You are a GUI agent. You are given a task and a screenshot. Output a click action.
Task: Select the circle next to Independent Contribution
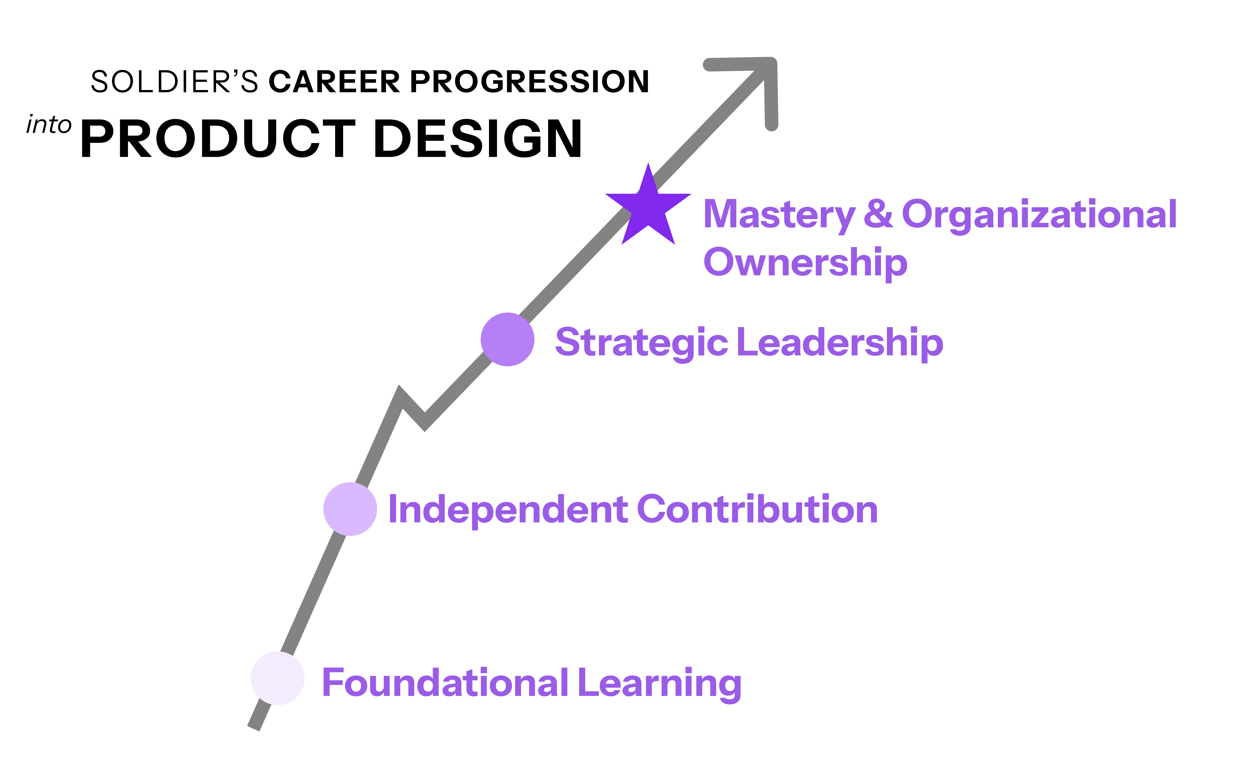point(350,508)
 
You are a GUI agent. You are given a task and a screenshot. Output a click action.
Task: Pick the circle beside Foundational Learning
point(278,678)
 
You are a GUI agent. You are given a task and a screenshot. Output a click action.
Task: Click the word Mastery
point(779,214)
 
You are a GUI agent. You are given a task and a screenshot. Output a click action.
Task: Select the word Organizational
point(1039,214)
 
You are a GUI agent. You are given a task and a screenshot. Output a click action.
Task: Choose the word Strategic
point(641,343)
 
